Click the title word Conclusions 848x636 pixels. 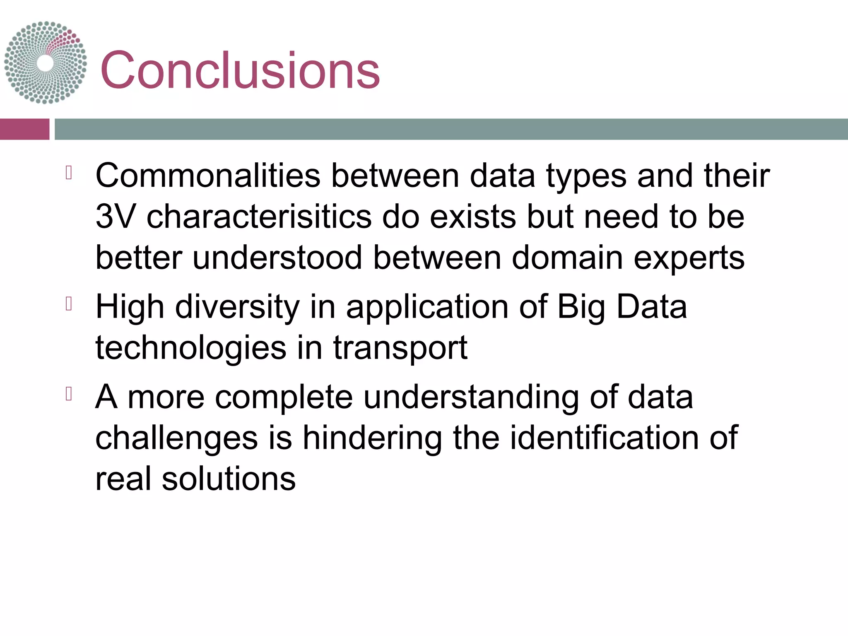click(240, 70)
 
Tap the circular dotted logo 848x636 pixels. click(46, 63)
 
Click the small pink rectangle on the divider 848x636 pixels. click(24, 129)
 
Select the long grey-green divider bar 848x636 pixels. click(451, 129)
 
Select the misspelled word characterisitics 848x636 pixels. click(259, 217)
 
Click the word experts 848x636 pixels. click(689, 258)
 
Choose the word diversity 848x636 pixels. click(237, 307)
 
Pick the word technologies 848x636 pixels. click(191, 348)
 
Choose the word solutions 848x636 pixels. click(229, 479)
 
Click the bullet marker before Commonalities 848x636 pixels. click(69, 173)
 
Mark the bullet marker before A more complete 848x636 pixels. click(69, 394)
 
